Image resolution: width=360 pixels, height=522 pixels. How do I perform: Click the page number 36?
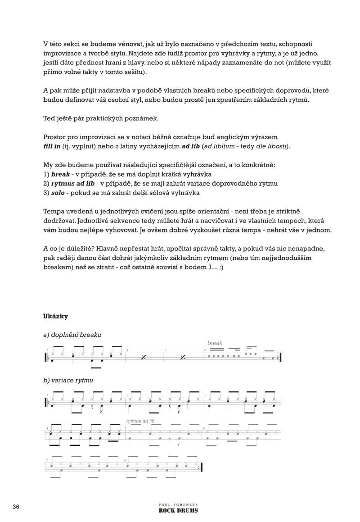coord(16,507)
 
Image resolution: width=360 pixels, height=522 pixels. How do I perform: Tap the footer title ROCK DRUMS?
coord(179,511)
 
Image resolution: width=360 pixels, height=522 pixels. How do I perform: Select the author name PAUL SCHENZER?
coord(179,505)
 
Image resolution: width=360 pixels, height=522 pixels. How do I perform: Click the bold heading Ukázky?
coord(55,316)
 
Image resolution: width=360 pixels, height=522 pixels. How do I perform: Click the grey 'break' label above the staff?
coord(215,343)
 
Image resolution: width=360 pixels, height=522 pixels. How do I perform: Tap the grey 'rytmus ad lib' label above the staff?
coord(140,421)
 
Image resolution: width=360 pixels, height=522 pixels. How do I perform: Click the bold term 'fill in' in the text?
coord(53,147)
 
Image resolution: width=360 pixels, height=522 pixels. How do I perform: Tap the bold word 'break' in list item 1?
coord(61,174)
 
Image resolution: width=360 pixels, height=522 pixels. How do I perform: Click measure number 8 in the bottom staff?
coord(126,460)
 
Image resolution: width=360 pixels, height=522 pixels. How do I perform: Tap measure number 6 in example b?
coord(204,428)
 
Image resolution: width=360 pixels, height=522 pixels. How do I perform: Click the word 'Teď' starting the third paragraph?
coord(49,119)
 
